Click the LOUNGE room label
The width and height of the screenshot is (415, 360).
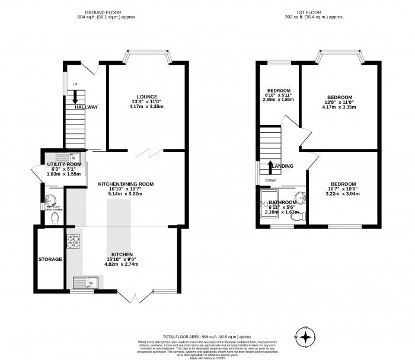click(146, 97)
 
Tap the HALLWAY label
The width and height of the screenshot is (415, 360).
click(86, 107)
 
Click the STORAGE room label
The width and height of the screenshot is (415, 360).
click(50, 259)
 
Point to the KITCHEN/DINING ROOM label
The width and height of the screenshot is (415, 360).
click(126, 184)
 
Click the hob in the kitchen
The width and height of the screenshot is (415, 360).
click(73, 242)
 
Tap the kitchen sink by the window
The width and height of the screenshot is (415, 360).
click(82, 282)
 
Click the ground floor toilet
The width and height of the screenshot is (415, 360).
click(55, 219)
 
